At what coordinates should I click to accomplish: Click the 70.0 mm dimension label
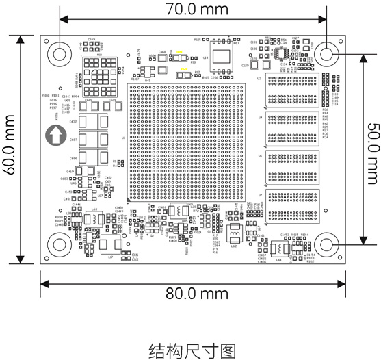196,10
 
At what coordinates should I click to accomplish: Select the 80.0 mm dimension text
196,292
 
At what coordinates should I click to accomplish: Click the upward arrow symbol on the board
54,135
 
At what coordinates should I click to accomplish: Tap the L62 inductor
233,237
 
